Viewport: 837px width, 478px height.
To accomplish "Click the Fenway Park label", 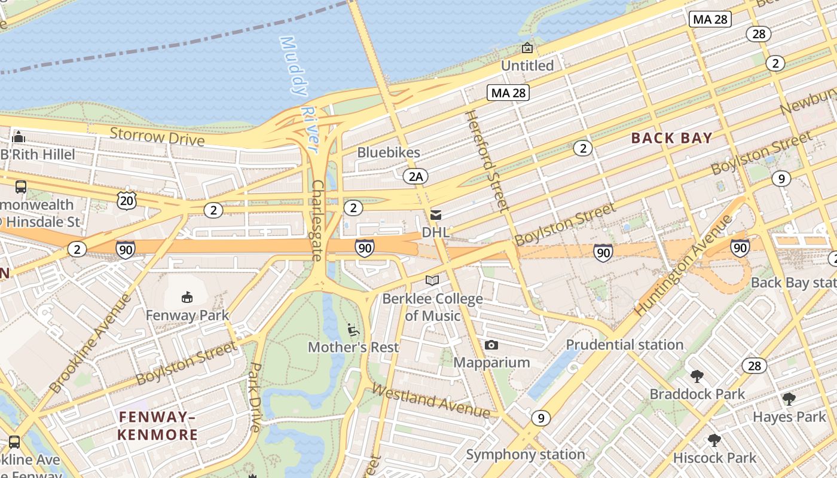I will pos(187,315).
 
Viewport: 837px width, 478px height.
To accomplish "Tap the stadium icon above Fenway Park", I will pos(187,296).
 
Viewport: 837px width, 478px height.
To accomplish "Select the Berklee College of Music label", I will pos(433,307).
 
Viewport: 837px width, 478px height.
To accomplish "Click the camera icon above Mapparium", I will pos(491,345).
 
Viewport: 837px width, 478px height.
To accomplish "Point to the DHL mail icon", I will pos(436,215).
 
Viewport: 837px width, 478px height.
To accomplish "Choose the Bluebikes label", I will pos(389,152).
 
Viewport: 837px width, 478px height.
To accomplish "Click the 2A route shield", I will pos(416,176).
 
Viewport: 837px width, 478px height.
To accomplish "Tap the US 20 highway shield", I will pos(127,201).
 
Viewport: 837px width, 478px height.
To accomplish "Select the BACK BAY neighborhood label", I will pos(672,138).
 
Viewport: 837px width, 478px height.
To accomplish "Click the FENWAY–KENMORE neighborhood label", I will pos(157,425).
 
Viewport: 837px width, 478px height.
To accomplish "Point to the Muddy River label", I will pos(300,90).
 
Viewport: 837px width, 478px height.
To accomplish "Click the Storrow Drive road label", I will pos(157,137).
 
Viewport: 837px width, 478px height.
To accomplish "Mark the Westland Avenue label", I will pos(431,400).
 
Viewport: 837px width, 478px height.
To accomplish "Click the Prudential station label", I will pos(625,345).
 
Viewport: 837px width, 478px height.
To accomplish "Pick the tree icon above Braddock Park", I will pos(697,376).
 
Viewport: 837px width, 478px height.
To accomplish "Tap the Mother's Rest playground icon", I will pos(353,329).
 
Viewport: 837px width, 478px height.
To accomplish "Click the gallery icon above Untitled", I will pos(527,48).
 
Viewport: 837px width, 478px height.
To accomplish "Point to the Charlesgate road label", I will pos(317,220).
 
